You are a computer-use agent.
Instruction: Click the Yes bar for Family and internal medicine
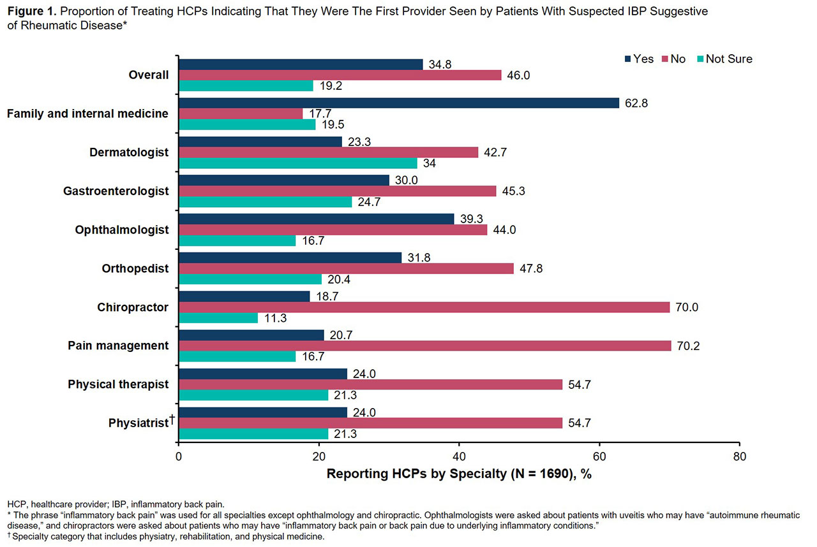[399, 103]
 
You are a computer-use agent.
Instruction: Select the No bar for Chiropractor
[424, 307]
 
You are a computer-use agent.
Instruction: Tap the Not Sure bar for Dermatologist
[297, 163]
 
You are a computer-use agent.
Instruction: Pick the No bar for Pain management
[424, 346]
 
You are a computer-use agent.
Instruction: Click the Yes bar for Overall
[301, 64]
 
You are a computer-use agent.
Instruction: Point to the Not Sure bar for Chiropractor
[218, 318]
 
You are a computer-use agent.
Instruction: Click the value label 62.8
[636, 103]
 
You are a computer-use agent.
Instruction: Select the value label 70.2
[689, 346]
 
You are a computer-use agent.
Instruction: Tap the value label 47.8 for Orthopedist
[531, 268]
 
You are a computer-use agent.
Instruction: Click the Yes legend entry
[638, 59]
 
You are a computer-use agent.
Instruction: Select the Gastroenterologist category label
[116, 191]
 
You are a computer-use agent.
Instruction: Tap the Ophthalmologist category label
[121, 230]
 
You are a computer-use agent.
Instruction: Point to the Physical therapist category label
[118, 384]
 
